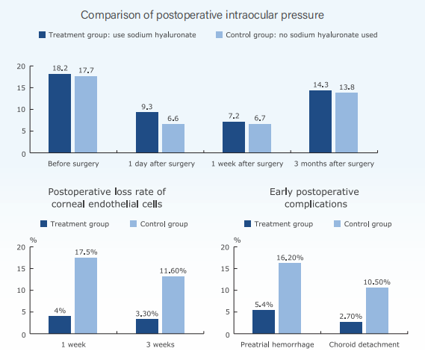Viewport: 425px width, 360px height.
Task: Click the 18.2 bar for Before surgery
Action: pos(60,113)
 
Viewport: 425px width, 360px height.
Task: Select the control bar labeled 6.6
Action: pos(173,138)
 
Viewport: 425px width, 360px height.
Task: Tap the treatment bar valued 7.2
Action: pos(234,137)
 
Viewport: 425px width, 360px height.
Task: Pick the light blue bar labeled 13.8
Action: pos(347,122)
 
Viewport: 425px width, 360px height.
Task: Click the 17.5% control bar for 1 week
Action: pos(86,296)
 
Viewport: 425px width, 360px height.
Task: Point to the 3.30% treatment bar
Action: pos(147,326)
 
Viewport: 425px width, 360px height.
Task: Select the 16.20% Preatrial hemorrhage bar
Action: pos(290,298)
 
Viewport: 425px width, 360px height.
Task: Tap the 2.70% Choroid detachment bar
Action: pos(351,327)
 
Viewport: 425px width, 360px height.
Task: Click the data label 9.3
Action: pos(147,107)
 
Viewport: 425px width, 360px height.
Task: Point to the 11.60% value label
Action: pos(173,271)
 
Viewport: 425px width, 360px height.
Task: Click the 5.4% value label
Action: pos(264,305)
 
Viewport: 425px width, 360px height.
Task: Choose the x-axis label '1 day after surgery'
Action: pos(161,164)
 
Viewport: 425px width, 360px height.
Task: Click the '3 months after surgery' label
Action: pos(334,164)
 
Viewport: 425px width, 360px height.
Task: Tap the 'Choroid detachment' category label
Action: pos(364,344)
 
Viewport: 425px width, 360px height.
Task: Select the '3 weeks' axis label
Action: pos(161,344)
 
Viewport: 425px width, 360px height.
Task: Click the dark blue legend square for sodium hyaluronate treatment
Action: pos(43,34)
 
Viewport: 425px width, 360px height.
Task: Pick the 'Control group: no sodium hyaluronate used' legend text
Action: pos(302,35)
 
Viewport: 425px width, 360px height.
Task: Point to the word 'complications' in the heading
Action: pos(316,205)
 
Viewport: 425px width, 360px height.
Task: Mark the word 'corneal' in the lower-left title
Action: pos(69,204)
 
